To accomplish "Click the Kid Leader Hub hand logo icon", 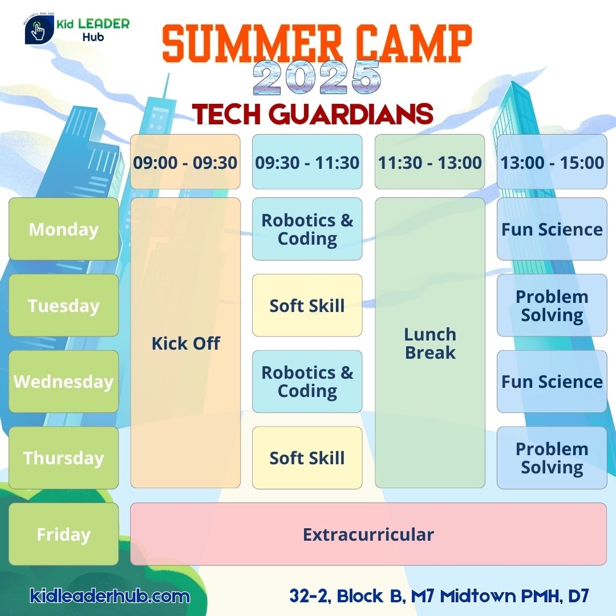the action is point(39,30).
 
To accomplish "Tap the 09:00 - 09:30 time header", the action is point(185,162).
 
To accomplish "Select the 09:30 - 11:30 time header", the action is point(307,162).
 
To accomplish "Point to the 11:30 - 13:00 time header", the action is point(430,162).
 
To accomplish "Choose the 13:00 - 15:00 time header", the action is point(552,162).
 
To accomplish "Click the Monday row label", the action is point(64,229).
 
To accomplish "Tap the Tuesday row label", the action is point(64,305).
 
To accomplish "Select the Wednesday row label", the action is point(64,382).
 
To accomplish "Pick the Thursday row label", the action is point(64,457).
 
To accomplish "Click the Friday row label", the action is point(64,534).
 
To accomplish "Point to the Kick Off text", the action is point(186,343).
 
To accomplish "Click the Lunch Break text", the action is point(430,343).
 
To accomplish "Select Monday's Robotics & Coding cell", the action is point(307,229).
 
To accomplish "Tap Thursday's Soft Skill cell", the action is point(307,457).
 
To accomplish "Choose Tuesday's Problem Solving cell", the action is point(552,305).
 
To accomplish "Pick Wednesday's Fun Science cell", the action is point(552,382).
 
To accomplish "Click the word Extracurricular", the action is point(368,534).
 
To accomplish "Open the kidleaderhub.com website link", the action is point(110,596).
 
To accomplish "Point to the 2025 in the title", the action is point(317,78).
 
